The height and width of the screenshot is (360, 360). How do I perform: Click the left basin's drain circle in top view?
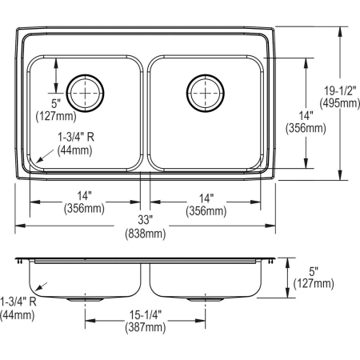pyautogui.click(x=84, y=93)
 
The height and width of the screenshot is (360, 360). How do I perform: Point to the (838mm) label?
pyautogui.click(x=146, y=234)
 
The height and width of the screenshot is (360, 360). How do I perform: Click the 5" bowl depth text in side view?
pyautogui.click(x=313, y=270)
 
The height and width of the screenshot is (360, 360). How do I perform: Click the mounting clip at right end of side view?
pyautogui.click(x=272, y=262)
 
